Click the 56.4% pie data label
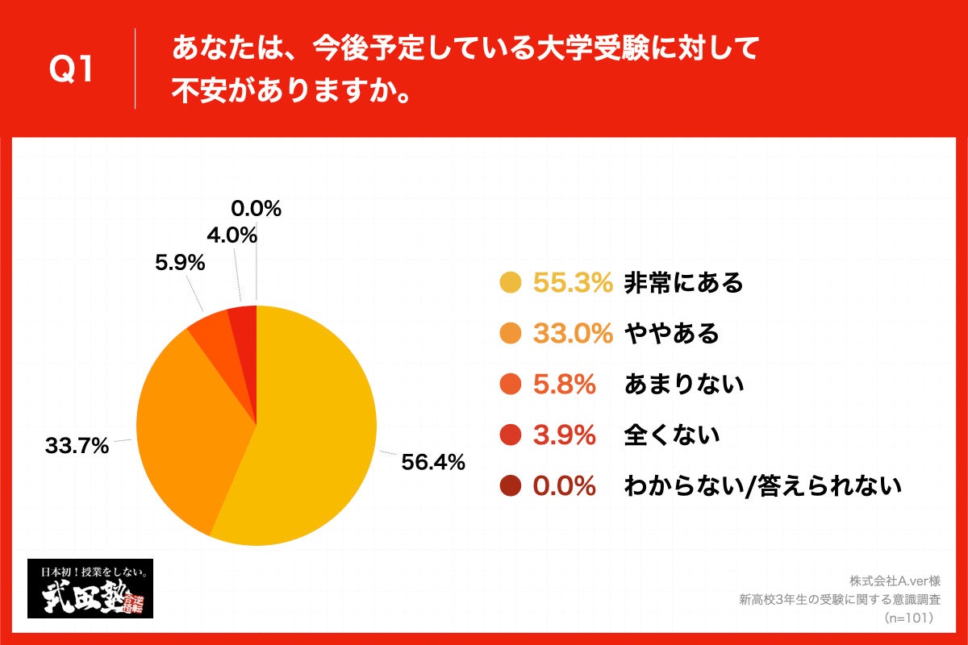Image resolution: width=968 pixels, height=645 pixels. pos(432,462)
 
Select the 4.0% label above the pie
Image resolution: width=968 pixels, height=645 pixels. pos(231,235)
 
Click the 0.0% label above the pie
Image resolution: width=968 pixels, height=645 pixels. pos(256,209)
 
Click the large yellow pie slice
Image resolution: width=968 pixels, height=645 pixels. pos(315,427)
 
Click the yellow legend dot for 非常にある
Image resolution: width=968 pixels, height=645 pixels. pos(510,283)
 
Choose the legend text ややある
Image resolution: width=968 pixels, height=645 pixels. pos(671,334)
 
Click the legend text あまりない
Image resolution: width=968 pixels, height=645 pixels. pos(683,385)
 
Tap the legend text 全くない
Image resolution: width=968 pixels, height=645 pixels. pos(671,435)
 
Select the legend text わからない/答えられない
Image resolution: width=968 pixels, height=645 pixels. pos(762,486)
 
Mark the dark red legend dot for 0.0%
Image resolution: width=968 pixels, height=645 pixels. pos(510,486)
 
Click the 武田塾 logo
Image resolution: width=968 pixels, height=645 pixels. pos(90,589)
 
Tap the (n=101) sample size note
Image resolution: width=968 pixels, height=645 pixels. pos(909,618)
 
